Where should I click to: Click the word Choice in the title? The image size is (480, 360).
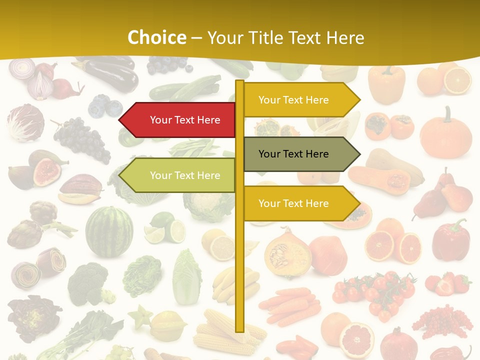[x=156, y=37]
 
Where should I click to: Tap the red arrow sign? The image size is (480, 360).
[x=180, y=120]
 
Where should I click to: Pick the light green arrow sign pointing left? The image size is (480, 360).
[x=180, y=175]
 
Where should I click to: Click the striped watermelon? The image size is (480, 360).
[x=109, y=231]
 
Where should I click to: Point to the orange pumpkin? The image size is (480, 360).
[x=445, y=134]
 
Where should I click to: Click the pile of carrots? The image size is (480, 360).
[x=290, y=305]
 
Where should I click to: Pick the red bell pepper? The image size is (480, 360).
[x=451, y=240]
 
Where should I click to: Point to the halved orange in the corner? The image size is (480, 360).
[x=457, y=80]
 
